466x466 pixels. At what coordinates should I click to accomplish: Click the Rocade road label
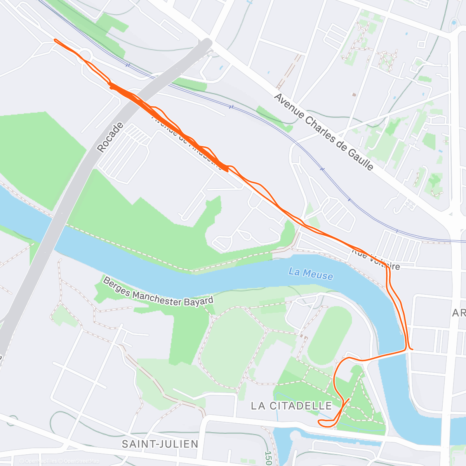coord(110,137)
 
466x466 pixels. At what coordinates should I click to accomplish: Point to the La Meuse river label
coord(311,274)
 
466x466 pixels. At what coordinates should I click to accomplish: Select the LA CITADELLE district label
coord(291,406)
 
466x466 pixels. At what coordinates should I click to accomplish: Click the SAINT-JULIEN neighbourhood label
coord(160,444)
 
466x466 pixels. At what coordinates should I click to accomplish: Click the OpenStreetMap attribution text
coord(82,461)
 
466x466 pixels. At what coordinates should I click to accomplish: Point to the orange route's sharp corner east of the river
coord(409,349)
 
